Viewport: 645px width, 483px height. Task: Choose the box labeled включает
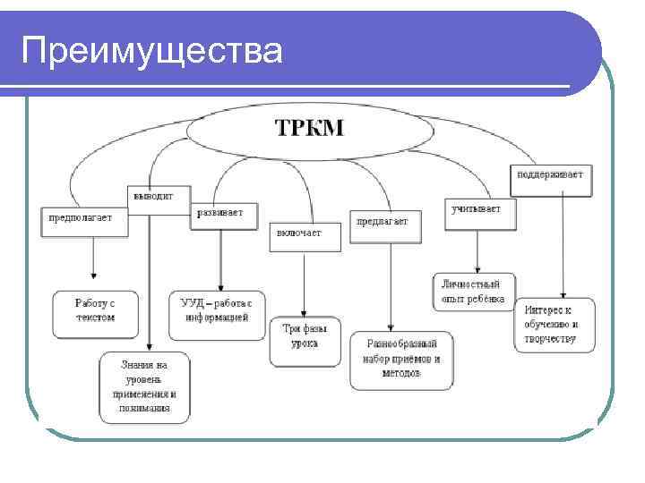(x=305, y=236)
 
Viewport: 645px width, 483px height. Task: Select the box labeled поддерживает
(x=550, y=176)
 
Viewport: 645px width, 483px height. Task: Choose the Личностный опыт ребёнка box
(x=474, y=292)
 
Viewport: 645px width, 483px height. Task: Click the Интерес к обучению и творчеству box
(x=554, y=325)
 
